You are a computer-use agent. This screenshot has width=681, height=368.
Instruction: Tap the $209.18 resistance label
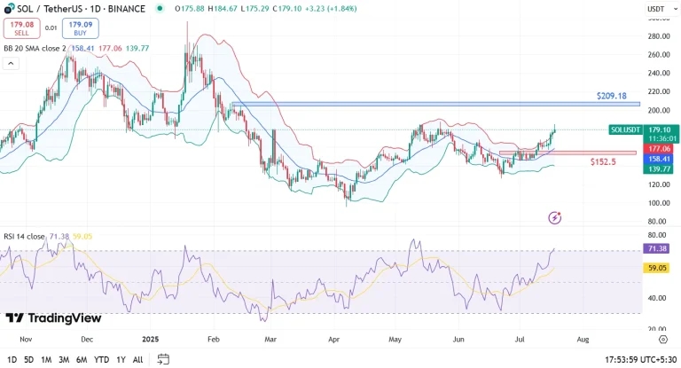611,95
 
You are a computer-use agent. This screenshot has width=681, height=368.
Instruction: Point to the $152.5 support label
603,162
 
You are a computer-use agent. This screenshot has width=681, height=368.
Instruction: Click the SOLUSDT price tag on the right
626,129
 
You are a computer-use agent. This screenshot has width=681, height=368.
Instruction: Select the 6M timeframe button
82,359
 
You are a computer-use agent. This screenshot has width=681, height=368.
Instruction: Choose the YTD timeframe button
101,359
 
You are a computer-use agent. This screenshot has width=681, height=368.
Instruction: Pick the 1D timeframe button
12,359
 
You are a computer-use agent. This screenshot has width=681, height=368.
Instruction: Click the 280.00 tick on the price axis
657,36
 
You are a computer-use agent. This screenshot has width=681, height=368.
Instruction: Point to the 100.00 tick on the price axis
657,203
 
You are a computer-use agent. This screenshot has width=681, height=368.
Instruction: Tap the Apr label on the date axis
334,339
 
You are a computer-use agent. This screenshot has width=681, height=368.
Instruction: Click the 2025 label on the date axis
149,339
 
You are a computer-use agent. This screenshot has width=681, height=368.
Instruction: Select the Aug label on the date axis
583,339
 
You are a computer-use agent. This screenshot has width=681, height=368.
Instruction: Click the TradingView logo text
54,318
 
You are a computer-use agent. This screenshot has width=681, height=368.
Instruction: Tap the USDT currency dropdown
657,9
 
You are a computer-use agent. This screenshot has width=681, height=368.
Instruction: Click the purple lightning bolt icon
555,217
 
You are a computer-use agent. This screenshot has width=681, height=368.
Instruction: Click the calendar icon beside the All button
163,359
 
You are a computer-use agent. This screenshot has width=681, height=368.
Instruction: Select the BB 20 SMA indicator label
33,48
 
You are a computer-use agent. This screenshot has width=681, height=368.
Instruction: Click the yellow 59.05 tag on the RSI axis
657,267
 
